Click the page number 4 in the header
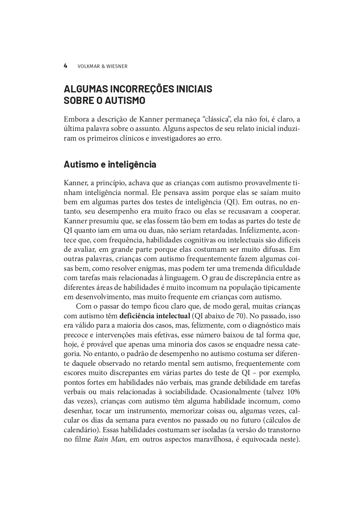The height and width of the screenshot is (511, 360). coord(65,66)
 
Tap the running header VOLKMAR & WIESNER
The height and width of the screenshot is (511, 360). coord(102,66)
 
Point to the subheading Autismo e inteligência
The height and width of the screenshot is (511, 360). coord(110,165)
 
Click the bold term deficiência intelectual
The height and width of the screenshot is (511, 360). coord(154,316)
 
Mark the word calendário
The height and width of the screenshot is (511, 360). coord(81,430)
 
